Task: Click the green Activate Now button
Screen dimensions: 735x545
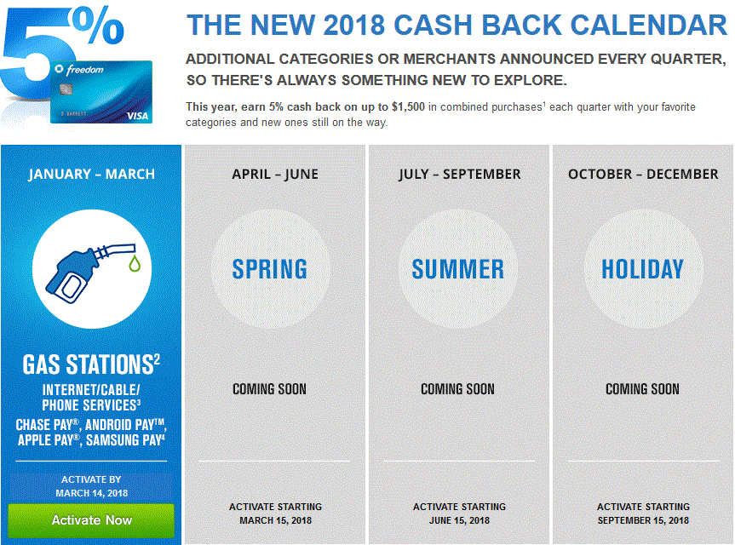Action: (x=91, y=520)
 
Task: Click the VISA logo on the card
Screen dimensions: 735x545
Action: (x=137, y=116)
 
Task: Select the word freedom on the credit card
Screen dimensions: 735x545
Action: (x=85, y=71)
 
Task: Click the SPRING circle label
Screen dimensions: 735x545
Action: (x=269, y=269)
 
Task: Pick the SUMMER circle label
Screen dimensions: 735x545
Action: (x=458, y=269)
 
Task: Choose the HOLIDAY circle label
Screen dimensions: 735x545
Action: (x=643, y=269)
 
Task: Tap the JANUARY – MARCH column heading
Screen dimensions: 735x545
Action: (x=91, y=175)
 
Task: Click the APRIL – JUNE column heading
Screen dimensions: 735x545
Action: (x=275, y=175)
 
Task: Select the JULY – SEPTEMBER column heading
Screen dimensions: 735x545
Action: (x=459, y=175)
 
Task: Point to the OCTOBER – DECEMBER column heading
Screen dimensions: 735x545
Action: (x=643, y=175)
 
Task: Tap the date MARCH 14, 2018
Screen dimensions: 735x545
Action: (x=92, y=493)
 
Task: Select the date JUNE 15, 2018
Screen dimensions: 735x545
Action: (x=459, y=520)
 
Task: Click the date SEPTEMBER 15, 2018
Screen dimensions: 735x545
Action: (x=643, y=520)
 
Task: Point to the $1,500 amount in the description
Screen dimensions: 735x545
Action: (x=408, y=106)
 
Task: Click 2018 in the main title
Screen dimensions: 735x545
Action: (x=354, y=25)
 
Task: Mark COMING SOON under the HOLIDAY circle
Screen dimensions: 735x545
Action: (x=643, y=389)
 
